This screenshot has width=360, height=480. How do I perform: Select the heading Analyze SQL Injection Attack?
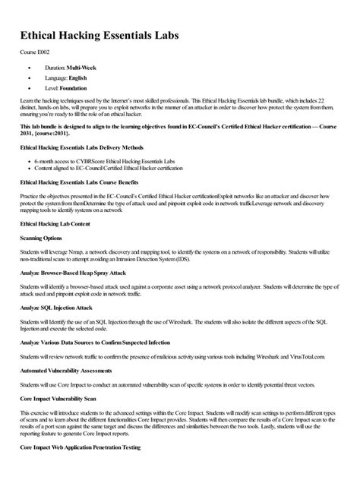(x=67, y=307)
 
